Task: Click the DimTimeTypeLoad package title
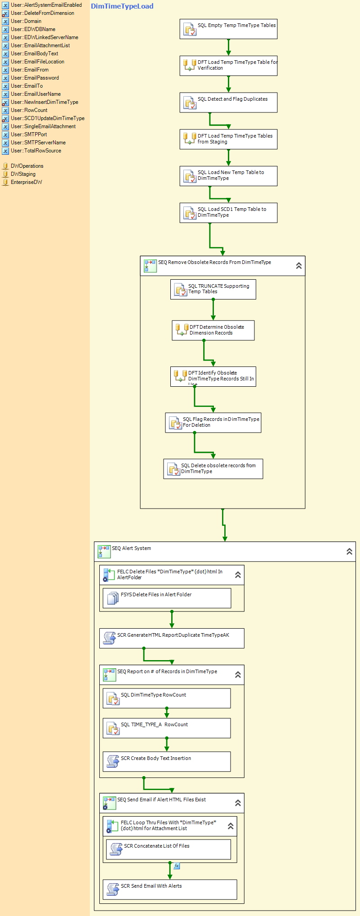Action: pyautogui.click(x=122, y=6)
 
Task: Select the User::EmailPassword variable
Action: pyautogui.click(x=35, y=78)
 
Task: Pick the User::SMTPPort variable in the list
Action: pyautogui.click(x=29, y=134)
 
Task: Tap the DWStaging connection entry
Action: pyautogui.click(x=23, y=174)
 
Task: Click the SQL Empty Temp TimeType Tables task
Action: pyautogui.click(x=228, y=29)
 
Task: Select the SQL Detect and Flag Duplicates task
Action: pyautogui.click(x=228, y=103)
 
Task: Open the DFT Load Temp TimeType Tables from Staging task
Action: pyautogui.click(x=228, y=139)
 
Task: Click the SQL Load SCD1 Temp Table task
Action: pyautogui.click(x=228, y=213)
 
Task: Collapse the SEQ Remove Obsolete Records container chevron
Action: pyautogui.click(x=299, y=266)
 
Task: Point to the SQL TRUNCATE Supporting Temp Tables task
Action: pyautogui.click(x=213, y=289)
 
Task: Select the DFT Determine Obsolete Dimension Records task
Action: pyautogui.click(x=213, y=330)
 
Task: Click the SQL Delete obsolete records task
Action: pyautogui.click(x=213, y=469)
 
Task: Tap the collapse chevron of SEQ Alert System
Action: pyautogui.click(x=349, y=551)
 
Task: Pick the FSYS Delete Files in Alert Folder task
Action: pyautogui.click(x=167, y=598)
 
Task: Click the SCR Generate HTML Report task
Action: pyautogui.click(x=172, y=638)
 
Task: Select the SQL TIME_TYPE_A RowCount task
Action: pyautogui.click(x=167, y=728)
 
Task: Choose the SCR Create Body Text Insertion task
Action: pyautogui.click(x=167, y=762)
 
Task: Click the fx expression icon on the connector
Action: pyautogui.click(x=177, y=866)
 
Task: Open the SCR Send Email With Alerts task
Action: pyautogui.click(x=170, y=889)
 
